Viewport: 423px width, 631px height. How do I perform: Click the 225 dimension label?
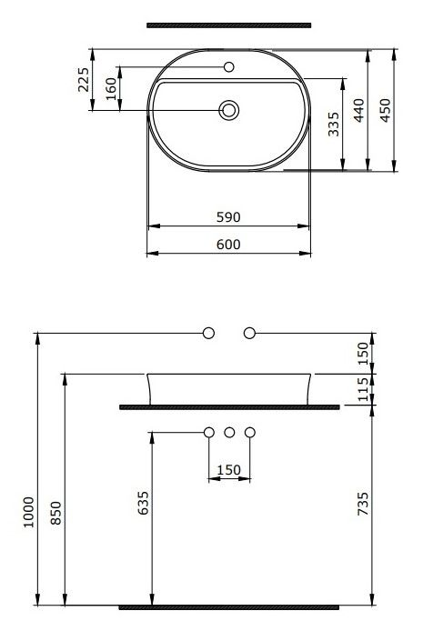(84, 80)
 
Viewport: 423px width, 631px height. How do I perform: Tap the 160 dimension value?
(110, 89)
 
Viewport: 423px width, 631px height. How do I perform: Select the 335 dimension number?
(334, 125)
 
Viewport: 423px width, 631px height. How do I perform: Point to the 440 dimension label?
(358, 110)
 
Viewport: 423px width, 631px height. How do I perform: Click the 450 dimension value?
(385, 110)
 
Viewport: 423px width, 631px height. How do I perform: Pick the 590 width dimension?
(228, 217)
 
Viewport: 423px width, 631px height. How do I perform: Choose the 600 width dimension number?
(228, 245)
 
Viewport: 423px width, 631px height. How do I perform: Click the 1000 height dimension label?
(28, 512)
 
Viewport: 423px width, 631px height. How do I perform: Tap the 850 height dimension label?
(55, 513)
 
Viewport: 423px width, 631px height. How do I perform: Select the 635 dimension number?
(144, 503)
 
